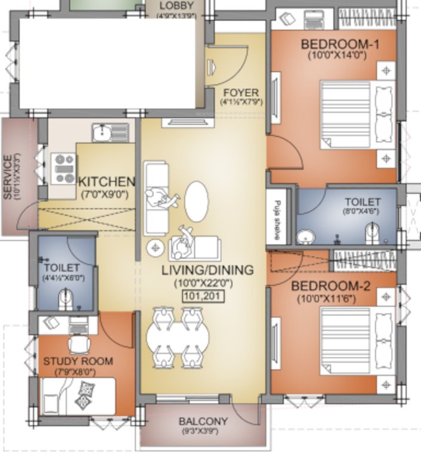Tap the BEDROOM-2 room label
pyautogui.click(x=330, y=286)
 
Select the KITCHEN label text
pyautogui.click(x=107, y=181)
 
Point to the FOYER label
pyautogui.click(x=241, y=92)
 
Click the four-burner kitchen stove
pyautogui.click(x=63, y=168)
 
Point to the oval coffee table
pyautogui.click(x=197, y=202)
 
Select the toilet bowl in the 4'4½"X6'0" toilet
pyautogui.click(x=64, y=298)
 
